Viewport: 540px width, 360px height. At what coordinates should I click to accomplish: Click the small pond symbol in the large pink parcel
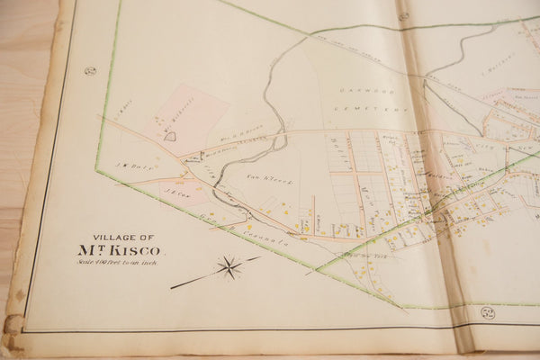(168, 136)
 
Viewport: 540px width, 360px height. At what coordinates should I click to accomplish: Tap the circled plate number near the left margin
(90, 70)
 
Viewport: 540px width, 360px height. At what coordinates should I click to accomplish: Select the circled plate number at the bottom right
(488, 312)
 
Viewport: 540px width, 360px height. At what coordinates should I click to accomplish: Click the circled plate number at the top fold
(403, 15)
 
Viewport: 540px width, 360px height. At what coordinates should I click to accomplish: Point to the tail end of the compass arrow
(173, 287)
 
